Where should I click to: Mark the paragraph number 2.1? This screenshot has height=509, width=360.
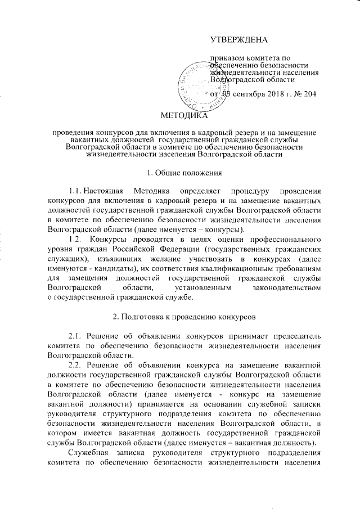pos(76,336)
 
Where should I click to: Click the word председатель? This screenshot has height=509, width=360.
pos(292,336)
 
